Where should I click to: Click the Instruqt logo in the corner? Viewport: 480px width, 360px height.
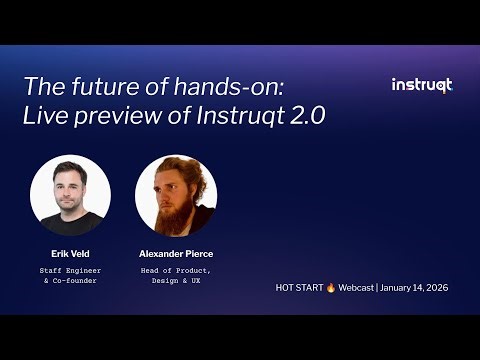coord(421,85)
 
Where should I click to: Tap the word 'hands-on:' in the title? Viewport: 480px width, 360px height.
coord(201,85)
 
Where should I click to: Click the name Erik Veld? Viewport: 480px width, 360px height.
coord(70,254)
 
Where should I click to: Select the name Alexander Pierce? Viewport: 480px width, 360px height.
coord(176,254)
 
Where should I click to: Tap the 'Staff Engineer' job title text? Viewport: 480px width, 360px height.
coord(70,271)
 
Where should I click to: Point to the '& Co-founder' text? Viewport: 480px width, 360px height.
coord(70,281)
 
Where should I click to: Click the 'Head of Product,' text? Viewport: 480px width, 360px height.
coord(176,271)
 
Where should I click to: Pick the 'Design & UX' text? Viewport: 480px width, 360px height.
coord(176,281)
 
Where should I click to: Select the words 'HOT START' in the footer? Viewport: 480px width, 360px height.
coord(302,288)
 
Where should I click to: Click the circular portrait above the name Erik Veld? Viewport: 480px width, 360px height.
coord(70,195)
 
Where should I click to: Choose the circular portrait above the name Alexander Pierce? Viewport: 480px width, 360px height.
coord(176,195)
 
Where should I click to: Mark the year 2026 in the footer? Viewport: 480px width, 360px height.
coord(436,288)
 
